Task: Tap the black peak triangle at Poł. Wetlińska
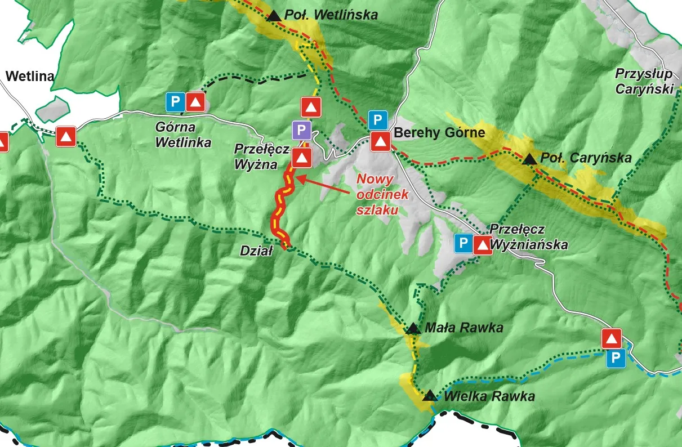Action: coord(274,16)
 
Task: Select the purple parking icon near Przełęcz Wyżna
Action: coord(301,131)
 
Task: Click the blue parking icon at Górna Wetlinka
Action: coord(175,102)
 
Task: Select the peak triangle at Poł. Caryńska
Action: coord(529,160)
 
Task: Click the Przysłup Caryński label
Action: coord(644,81)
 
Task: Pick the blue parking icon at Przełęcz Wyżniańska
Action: coord(463,244)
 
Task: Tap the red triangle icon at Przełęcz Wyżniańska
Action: coord(483,245)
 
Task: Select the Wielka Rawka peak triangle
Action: coord(430,396)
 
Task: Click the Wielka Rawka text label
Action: coord(489,396)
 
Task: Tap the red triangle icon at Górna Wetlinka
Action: coord(195,102)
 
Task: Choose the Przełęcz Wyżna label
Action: coord(263,157)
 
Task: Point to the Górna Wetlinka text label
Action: coord(183,135)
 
